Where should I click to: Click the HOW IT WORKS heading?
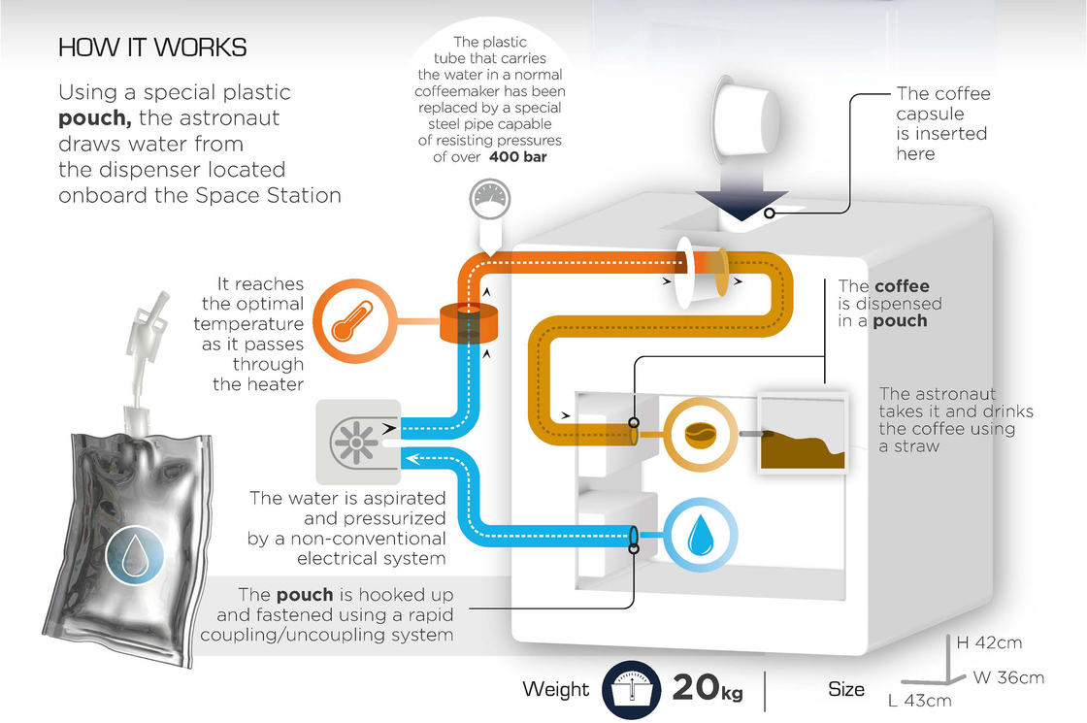(152, 48)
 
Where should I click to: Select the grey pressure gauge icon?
(490, 198)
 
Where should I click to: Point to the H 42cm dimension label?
(989, 642)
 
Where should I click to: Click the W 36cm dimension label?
(1009, 676)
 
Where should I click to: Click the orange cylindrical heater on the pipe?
(468, 322)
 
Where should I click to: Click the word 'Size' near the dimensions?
(846, 689)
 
